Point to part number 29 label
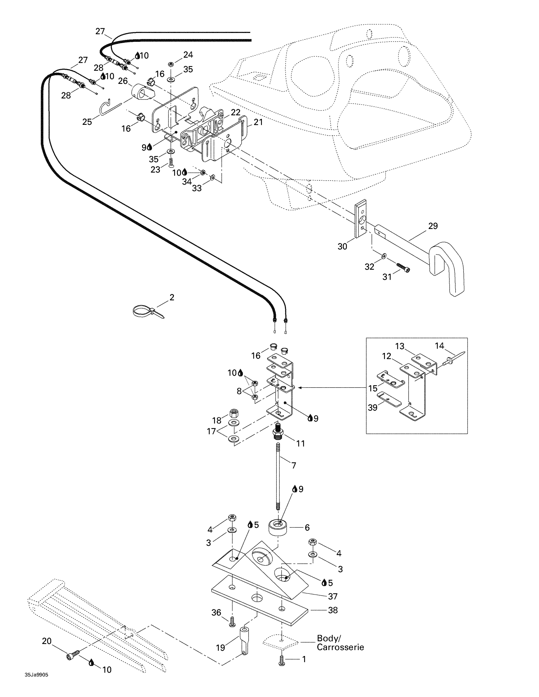point(433,226)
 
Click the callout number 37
point(333,596)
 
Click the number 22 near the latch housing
point(235,112)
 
